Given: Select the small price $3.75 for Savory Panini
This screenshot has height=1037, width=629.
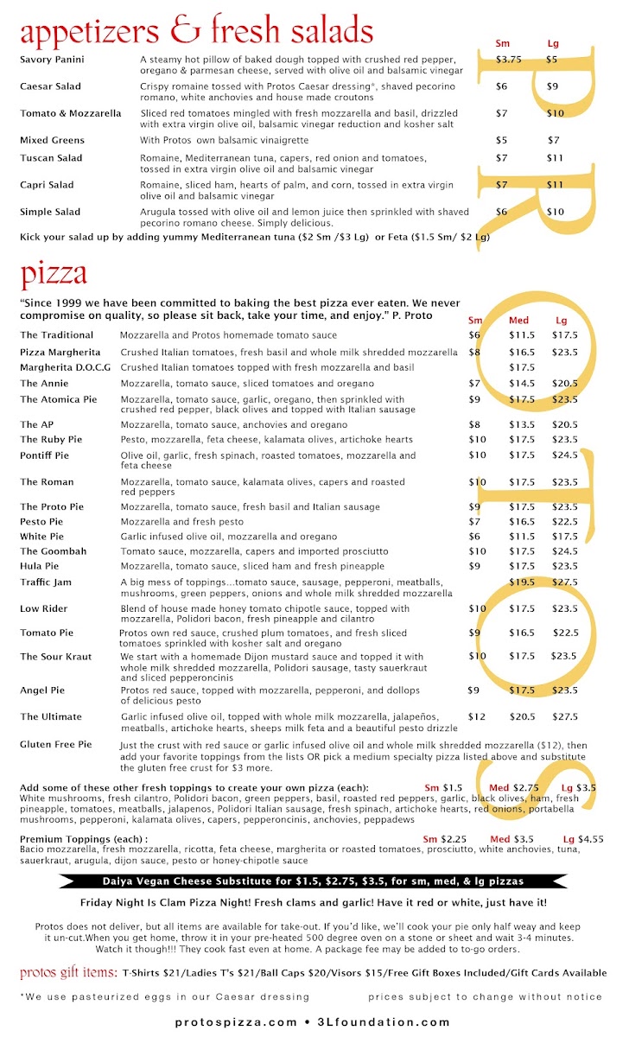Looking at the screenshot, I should tap(508, 60).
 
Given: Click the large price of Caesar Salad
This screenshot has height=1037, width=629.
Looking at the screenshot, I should tap(552, 86).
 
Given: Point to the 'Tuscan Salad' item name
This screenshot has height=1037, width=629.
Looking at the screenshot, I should tap(51, 158).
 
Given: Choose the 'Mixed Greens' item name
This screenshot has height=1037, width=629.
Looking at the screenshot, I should tap(52, 139).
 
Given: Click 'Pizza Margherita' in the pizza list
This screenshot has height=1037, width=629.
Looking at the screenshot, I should tap(60, 353).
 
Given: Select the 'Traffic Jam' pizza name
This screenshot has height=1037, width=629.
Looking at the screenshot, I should tap(46, 582).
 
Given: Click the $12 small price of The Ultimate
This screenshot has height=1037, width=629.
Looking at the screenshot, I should tap(476, 716).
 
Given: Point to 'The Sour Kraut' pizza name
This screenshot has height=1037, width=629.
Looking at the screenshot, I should tap(55, 657).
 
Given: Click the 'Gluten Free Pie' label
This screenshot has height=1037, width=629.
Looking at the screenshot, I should tap(55, 744).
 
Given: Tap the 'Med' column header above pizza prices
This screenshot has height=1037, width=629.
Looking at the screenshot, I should tap(518, 320).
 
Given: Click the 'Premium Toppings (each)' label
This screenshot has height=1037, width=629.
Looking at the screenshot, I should tap(83, 838).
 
